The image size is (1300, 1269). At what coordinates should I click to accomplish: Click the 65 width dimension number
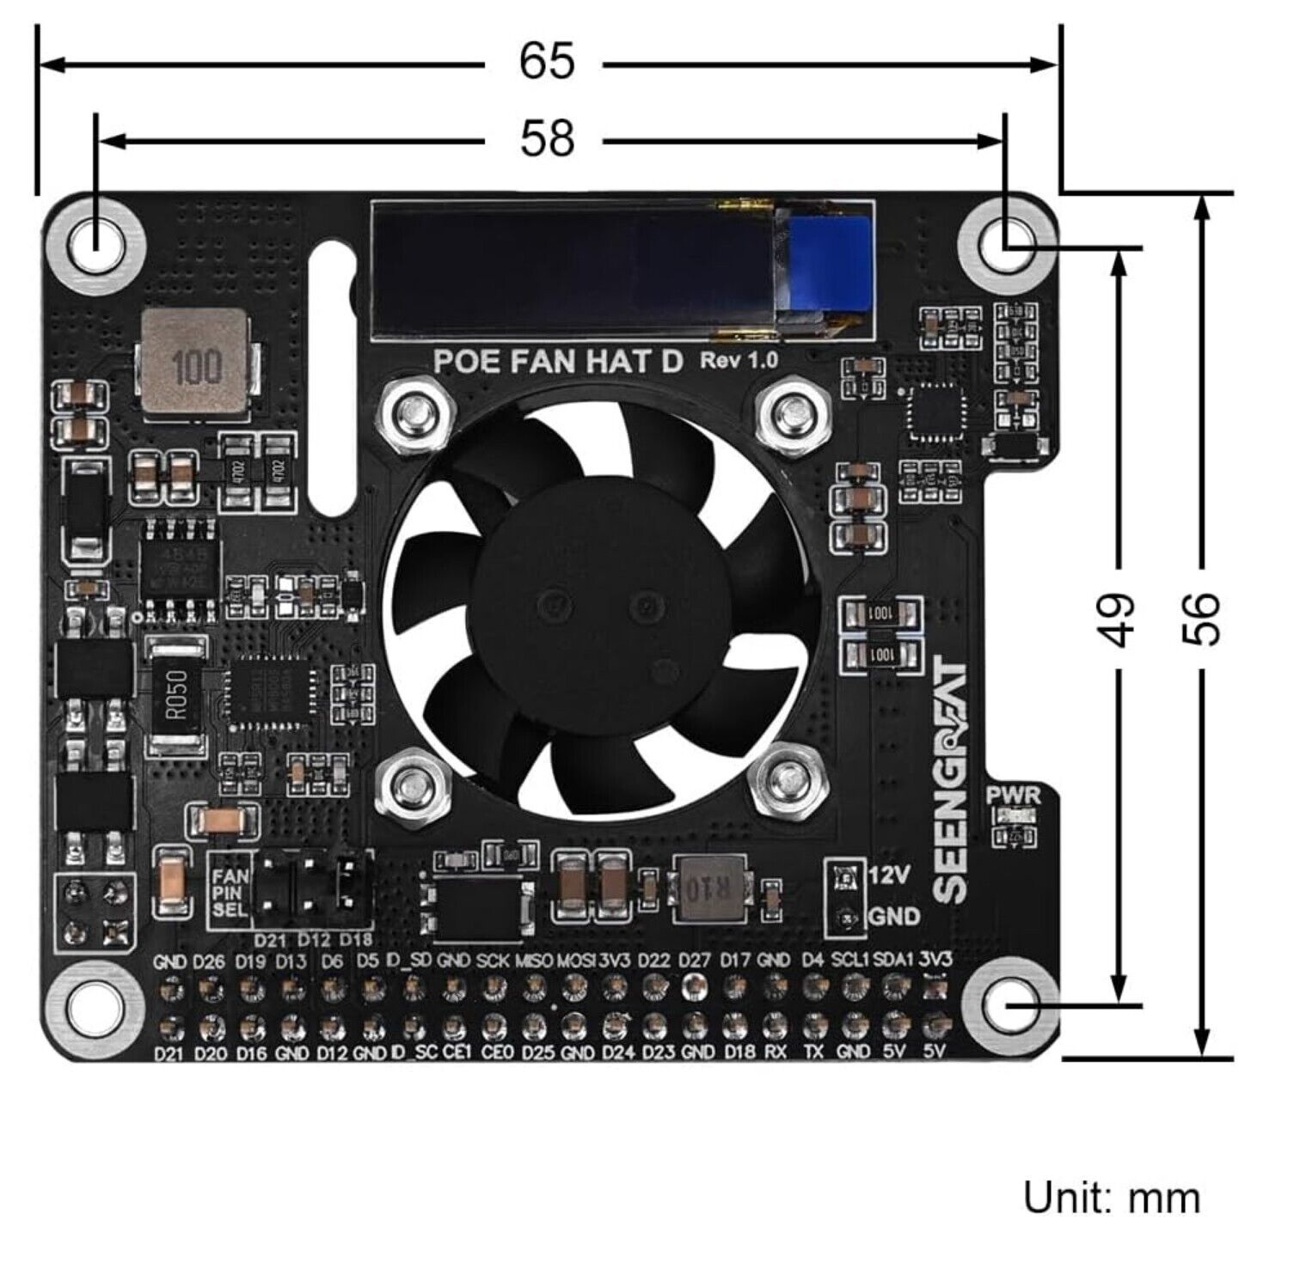pos(547,62)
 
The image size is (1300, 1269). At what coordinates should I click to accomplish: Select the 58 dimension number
pos(547,139)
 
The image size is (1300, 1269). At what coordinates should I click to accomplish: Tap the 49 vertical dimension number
pos(1118,619)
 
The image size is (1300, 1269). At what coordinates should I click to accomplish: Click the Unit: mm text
pos(1111,1198)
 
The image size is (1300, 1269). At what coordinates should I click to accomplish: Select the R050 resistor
pos(177,695)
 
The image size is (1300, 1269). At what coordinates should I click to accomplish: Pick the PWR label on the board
pos(1013,795)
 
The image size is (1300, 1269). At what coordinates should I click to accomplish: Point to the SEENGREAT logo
pos(951,781)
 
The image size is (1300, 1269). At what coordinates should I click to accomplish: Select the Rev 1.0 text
pos(739,360)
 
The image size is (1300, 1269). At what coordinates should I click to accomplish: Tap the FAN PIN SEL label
pos(230,893)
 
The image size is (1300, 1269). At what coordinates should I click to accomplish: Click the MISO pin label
pos(533,961)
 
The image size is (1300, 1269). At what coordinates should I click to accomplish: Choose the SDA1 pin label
pos(892,961)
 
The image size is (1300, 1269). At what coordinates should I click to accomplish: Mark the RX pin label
pos(775,1052)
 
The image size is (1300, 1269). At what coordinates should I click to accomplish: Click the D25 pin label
pos(537,1052)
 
